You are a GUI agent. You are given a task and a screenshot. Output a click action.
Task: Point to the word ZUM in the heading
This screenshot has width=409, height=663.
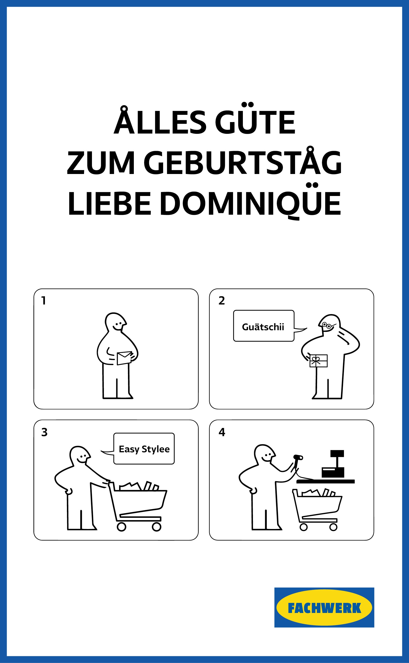[101, 163]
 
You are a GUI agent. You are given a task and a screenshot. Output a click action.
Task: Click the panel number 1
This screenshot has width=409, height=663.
[44, 301]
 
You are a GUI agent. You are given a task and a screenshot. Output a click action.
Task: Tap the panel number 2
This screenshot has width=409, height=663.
[222, 301]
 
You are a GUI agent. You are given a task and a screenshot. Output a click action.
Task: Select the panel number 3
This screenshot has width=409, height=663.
[44, 432]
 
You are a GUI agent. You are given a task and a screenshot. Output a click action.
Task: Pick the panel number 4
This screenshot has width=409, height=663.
[222, 432]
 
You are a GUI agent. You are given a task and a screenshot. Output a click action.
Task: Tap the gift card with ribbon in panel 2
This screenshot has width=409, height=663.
[318, 361]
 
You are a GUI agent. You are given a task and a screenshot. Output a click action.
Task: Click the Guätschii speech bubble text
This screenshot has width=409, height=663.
[263, 327]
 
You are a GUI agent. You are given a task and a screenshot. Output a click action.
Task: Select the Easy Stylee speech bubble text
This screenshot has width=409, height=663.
[144, 449]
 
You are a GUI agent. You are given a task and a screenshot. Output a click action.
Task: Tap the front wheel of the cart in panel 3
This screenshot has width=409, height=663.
[157, 527]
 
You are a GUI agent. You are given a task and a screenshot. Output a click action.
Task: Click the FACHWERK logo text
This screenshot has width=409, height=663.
[324, 609]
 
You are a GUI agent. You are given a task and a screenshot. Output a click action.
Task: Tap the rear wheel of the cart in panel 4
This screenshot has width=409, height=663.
[303, 527]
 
